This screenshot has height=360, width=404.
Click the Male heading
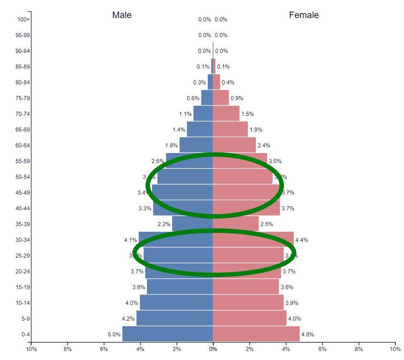122,15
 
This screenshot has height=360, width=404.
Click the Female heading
304,15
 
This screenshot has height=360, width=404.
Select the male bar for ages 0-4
167,334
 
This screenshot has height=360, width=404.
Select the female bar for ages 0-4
256,334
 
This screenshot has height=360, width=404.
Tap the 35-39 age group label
22,224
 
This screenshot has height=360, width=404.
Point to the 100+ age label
23,20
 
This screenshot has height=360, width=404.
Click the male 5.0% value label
114,334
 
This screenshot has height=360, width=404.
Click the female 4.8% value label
307,335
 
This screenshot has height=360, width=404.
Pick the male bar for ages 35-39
192,224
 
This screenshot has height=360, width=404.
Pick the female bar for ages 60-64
234,145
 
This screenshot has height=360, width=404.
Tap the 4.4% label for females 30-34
302,240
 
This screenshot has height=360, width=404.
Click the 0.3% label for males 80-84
199,83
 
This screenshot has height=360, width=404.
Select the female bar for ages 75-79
221,98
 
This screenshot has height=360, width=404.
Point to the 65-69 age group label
22,130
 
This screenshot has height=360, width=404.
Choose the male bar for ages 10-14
176,303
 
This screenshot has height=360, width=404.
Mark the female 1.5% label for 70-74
248,114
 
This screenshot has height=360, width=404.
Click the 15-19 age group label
22,287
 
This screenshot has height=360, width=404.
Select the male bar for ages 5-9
175,318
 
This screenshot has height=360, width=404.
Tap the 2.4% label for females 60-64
264,145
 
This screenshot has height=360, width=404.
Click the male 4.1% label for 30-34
130,240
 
